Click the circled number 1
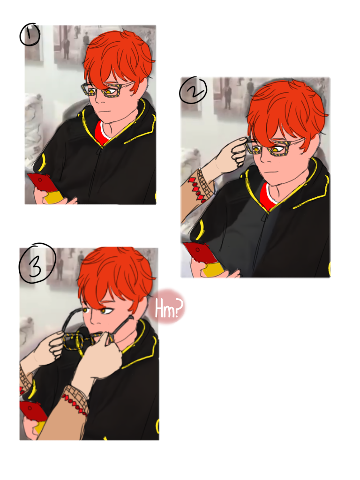30,35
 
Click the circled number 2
193,90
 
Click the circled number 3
37,263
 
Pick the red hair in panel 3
115,276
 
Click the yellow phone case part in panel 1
54,197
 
